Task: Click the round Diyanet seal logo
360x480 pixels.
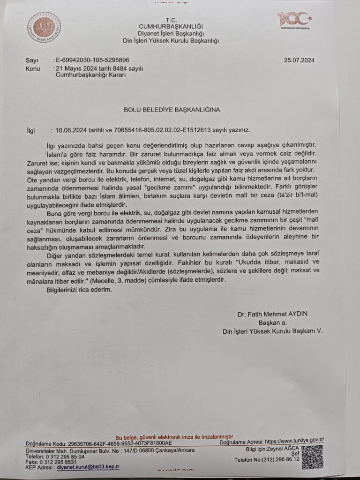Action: point(44,28)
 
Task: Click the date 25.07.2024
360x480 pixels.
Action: point(299,60)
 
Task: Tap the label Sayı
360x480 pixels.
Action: point(33,60)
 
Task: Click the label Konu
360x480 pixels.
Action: point(34,68)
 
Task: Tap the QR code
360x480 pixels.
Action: point(312,456)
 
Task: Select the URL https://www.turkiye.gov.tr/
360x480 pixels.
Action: point(294,441)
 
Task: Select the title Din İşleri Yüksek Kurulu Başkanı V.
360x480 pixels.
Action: point(273,331)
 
